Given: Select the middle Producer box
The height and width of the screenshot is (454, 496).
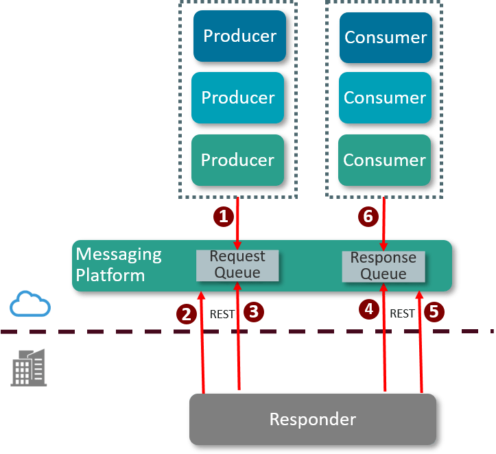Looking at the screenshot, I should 237,97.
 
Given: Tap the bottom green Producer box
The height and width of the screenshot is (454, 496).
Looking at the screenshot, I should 237,159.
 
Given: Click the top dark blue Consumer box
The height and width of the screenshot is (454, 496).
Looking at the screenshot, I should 385,36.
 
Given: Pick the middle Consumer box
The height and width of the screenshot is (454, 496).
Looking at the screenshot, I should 385,97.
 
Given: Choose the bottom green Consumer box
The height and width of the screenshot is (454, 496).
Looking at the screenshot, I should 385,159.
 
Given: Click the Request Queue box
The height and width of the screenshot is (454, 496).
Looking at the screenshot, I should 237,265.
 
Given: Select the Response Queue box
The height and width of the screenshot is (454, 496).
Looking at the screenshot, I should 383,266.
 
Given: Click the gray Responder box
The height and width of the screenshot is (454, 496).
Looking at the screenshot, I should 312,418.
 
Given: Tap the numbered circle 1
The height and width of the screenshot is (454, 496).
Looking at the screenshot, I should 222,217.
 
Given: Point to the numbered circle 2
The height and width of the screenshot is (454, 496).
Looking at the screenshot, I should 185,313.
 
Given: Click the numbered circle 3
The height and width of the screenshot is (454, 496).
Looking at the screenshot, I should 254,311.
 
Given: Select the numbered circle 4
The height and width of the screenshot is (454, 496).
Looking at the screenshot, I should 369,309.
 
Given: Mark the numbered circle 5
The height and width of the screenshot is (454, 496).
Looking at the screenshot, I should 434,311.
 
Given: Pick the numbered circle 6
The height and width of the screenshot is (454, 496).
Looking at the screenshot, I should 368,217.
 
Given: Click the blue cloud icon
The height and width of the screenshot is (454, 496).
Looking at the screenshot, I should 30,304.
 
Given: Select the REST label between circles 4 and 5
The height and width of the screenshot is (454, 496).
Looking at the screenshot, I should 402,313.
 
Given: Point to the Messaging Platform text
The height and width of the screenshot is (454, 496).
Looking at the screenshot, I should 119,265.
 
